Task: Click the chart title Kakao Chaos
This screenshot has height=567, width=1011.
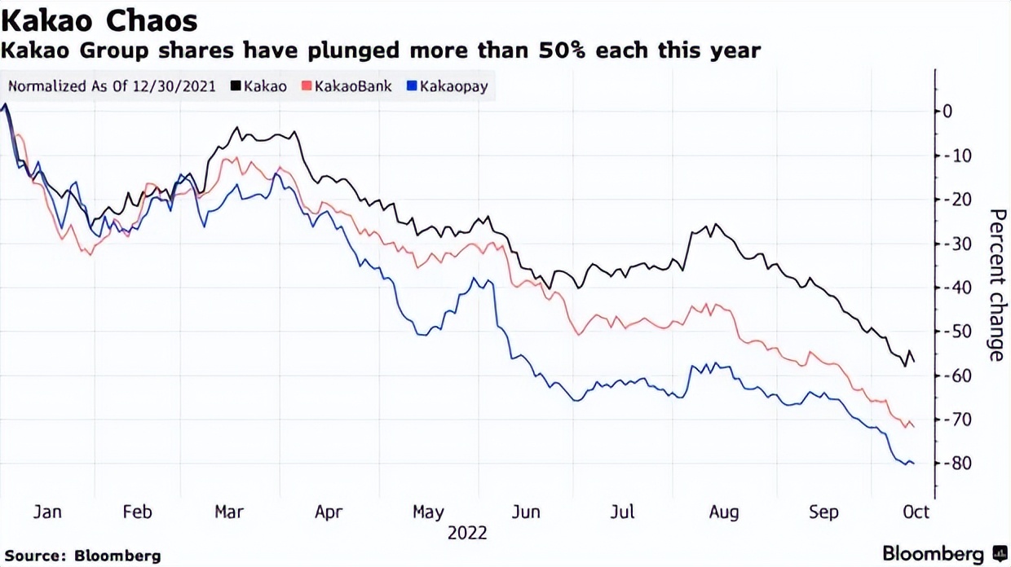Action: pos(99,20)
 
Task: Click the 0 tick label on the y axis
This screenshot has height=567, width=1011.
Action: pos(947,111)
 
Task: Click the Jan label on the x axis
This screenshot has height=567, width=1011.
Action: pos(47,512)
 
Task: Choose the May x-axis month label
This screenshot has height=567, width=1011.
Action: pos(428,512)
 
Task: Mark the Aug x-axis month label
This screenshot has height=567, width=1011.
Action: pos(723,512)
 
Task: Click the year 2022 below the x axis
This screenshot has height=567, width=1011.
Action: pos(467,533)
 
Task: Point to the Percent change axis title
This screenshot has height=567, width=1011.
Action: pos(996,284)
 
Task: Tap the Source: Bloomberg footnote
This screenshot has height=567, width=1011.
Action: pos(82,556)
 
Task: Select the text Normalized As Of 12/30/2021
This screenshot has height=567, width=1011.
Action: pos(112,85)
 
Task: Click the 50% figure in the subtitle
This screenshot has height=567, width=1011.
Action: pos(565,51)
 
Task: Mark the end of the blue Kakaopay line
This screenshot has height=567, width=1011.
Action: pos(913,464)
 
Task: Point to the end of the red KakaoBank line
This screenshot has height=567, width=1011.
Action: pos(914,426)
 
